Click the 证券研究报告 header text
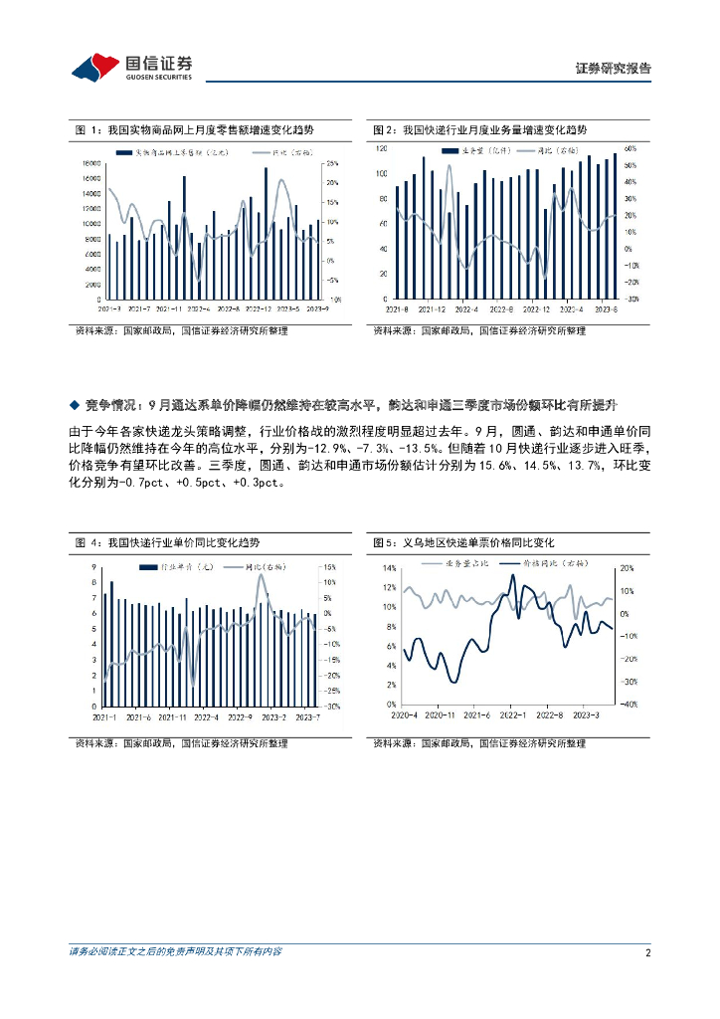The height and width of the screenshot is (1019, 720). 614,69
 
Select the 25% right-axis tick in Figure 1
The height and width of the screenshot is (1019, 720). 333,163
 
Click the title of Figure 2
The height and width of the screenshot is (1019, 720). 479,130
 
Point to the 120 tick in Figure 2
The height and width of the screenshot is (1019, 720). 380,148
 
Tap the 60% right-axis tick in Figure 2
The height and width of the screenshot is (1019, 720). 630,148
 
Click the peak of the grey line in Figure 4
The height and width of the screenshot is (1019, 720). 261,575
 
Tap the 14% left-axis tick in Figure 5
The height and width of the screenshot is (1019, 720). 389,568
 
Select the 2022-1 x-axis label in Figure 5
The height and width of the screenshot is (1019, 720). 512,714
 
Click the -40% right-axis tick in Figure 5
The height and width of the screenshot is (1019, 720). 629,706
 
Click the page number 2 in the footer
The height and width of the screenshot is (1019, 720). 647,952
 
